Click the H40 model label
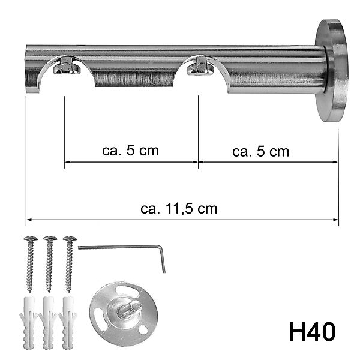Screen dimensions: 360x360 click(311, 331)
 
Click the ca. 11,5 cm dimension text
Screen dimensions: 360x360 click(179, 209)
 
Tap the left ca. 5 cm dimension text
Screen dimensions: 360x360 click(130, 151)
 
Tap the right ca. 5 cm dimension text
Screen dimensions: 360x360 click(260, 152)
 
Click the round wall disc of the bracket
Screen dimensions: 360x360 click(331, 70)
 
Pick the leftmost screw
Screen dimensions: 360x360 click(29, 264)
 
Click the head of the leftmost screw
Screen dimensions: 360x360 click(29, 240)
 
